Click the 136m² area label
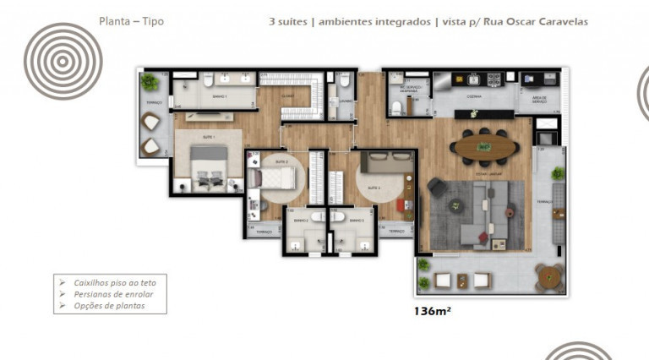click(432, 311)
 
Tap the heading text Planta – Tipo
click(131, 21)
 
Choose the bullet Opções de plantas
click(107, 305)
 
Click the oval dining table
click(484, 147)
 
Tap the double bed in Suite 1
click(208, 166)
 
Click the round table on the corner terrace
click(548, 275)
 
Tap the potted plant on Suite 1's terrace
click(150, 82)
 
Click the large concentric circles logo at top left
click(63, 61)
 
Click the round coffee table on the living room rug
click(456, 205)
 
